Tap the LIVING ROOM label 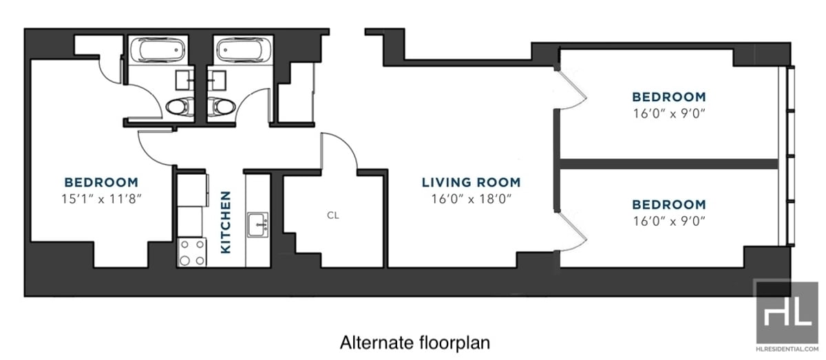[x=471, y=182]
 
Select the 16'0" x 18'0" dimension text [x=471, y=200]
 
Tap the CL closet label [x=332, y=215]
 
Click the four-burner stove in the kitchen [x=192, y=251]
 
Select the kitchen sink [x=260, y=224]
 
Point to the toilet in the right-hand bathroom [x=222, y=106]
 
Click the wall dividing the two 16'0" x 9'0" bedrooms [x=668, y=163]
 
